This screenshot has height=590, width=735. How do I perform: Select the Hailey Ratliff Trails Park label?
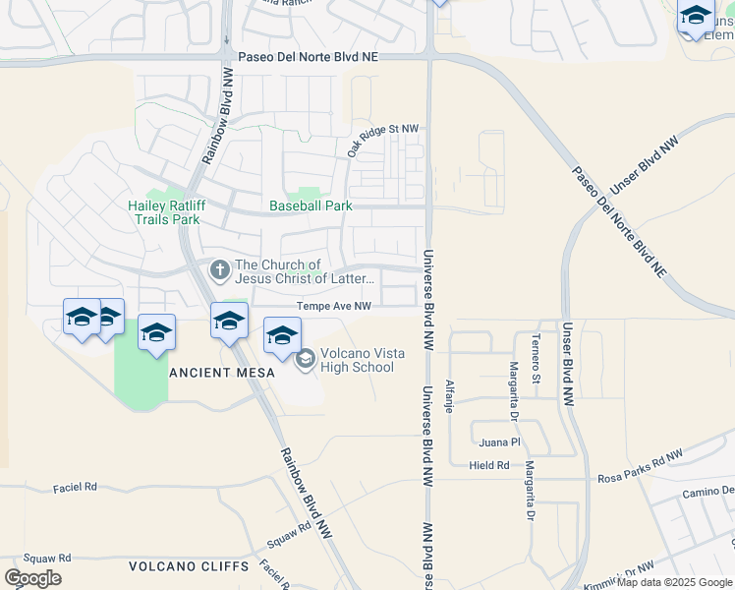(163, 212)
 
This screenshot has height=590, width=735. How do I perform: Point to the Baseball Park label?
(311, 206)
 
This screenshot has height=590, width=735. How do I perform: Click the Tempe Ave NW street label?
(334, 307)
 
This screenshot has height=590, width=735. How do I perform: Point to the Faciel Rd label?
(76, 487)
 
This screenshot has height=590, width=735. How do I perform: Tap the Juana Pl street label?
(500, 442)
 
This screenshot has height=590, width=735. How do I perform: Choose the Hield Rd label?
(488, 465)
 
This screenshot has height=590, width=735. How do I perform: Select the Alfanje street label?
(450, 395)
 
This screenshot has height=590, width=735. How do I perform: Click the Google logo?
(32, 578)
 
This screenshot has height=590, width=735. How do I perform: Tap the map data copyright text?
(675, 582)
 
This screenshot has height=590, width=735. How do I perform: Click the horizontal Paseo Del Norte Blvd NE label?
(301, 57)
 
